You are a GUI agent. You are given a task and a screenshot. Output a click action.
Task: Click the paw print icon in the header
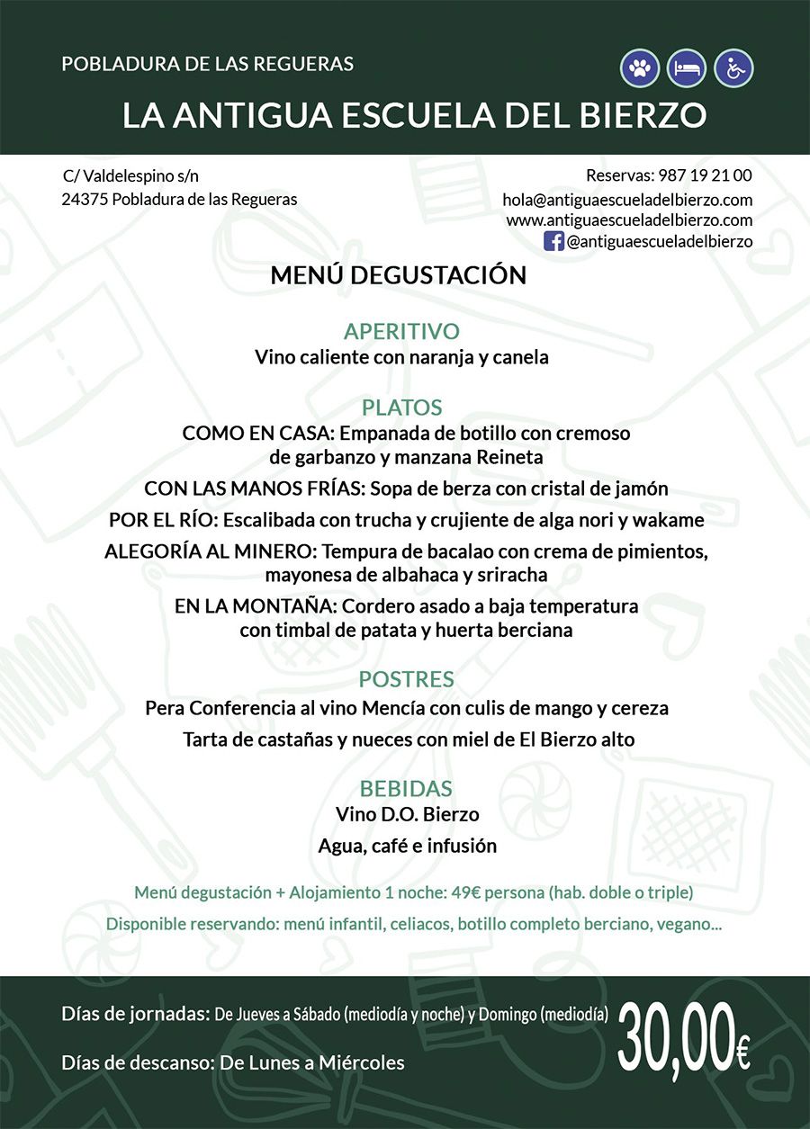[640, 68]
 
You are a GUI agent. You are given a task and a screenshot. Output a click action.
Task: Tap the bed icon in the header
[687, 68]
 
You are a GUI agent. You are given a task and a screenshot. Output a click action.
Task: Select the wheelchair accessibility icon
[733, 68]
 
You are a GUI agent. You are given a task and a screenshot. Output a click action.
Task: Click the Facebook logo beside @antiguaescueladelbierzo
[554, 240]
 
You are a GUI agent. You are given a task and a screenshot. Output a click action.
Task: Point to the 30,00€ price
[684, 1038]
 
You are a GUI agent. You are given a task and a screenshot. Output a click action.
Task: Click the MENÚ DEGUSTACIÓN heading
[399, 275]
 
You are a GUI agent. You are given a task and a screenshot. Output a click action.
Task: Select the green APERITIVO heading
[401, 330]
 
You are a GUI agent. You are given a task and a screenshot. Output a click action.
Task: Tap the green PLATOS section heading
[401, 407]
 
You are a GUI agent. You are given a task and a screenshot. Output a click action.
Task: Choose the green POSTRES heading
[406, 678]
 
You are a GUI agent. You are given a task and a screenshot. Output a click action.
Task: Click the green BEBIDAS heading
[406, 789]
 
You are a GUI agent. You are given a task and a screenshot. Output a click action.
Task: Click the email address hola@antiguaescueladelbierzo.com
[627, 200]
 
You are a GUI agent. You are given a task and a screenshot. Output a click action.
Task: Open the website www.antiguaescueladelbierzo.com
[629, 220]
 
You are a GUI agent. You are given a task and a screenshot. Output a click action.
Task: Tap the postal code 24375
[85, 200]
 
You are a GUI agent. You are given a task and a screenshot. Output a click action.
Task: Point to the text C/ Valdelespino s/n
[130, 176]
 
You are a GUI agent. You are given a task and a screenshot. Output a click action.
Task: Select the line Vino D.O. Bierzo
[407, 814]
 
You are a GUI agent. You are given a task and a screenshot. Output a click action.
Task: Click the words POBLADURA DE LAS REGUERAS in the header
[208, 64]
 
